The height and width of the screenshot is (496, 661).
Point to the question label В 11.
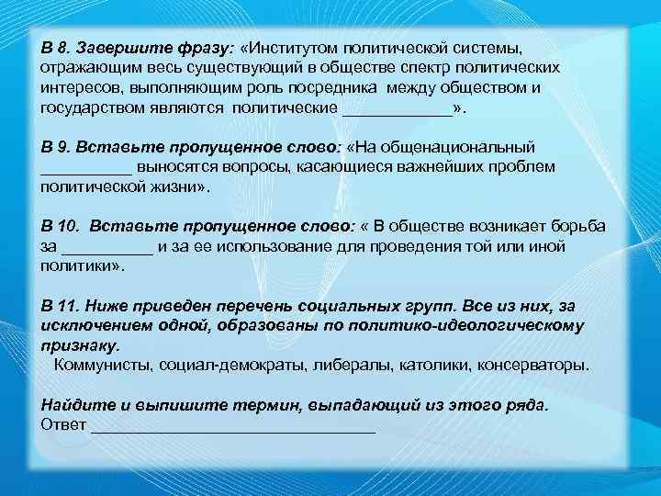62,305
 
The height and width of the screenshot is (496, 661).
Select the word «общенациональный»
476,147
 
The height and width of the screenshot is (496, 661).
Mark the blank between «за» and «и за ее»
107,246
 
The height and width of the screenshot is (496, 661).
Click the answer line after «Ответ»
234,424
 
